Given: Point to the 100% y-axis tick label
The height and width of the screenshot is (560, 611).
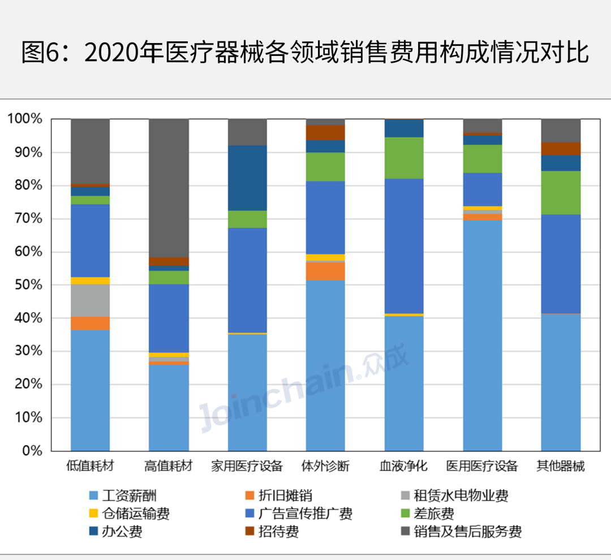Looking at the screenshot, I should pyautogui.click(x=25, y=119).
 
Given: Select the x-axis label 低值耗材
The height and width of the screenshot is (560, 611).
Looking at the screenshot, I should pyautogui.click(x=90, y=467).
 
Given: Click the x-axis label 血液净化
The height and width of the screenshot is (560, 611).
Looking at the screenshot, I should pyautogui.click(x=403, y=467).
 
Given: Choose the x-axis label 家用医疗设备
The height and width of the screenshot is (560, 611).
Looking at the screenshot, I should pyautogui.click(x=247, y=467).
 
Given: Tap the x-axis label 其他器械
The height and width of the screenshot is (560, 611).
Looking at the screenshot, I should pyautogui.click(x=561, y=467).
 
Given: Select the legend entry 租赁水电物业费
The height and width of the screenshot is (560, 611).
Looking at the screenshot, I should pyautogui.click(x=461, y=496).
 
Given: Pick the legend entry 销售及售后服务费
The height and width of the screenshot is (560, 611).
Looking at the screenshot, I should pyautogui.click(x=467, y=532).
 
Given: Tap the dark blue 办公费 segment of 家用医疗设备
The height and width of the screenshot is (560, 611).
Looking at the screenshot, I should pyautogui.click(x=247, y=178).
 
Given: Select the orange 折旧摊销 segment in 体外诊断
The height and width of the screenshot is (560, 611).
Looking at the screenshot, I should pyautogui.click(x=325, y=271).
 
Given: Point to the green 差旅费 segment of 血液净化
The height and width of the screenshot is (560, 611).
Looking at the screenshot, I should pyautogui.click(x=404, y=158).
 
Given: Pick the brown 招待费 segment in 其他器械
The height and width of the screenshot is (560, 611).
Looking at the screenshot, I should pyautogui.click(x=561, y=148).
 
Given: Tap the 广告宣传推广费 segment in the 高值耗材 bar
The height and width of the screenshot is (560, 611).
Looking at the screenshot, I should pyautogui.click(x=169, y=318).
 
